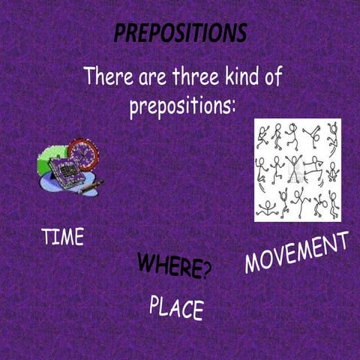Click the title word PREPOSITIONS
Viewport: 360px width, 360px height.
pos(180,34)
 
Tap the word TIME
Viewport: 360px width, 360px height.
pos(63,237)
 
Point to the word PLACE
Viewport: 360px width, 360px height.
pos(176,307)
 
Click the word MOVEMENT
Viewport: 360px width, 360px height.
pos(296,253)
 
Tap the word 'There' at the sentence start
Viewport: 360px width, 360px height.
pos(107,76)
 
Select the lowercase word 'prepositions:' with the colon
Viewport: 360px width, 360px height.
pos(182,106)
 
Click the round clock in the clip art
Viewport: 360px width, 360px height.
pos(82,154)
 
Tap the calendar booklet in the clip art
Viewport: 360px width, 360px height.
pos(63,166)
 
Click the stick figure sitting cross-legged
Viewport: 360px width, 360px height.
pos(332,171)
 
